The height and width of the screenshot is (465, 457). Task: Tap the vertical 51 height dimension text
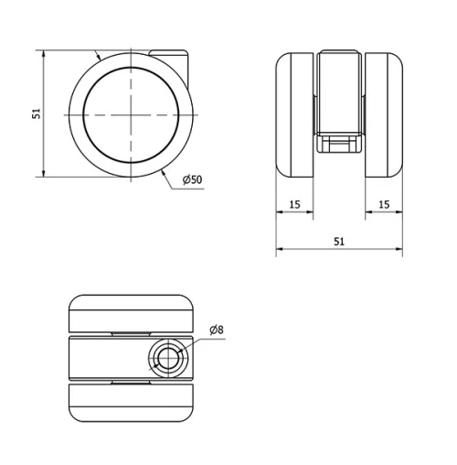click(36, 114)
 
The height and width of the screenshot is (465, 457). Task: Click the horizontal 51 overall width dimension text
click(339, 242)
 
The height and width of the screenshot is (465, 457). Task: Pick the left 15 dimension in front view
click(294, 204)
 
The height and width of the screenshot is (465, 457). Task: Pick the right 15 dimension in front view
click(383, 204)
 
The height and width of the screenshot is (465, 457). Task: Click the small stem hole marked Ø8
click(167, 357)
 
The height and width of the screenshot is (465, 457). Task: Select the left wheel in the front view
click(295, 114)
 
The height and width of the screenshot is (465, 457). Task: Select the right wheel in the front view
click(384, 114)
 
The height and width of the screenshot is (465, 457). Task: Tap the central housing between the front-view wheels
click(339, 92)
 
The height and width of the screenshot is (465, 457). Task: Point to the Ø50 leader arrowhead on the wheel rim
click(162, 168)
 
